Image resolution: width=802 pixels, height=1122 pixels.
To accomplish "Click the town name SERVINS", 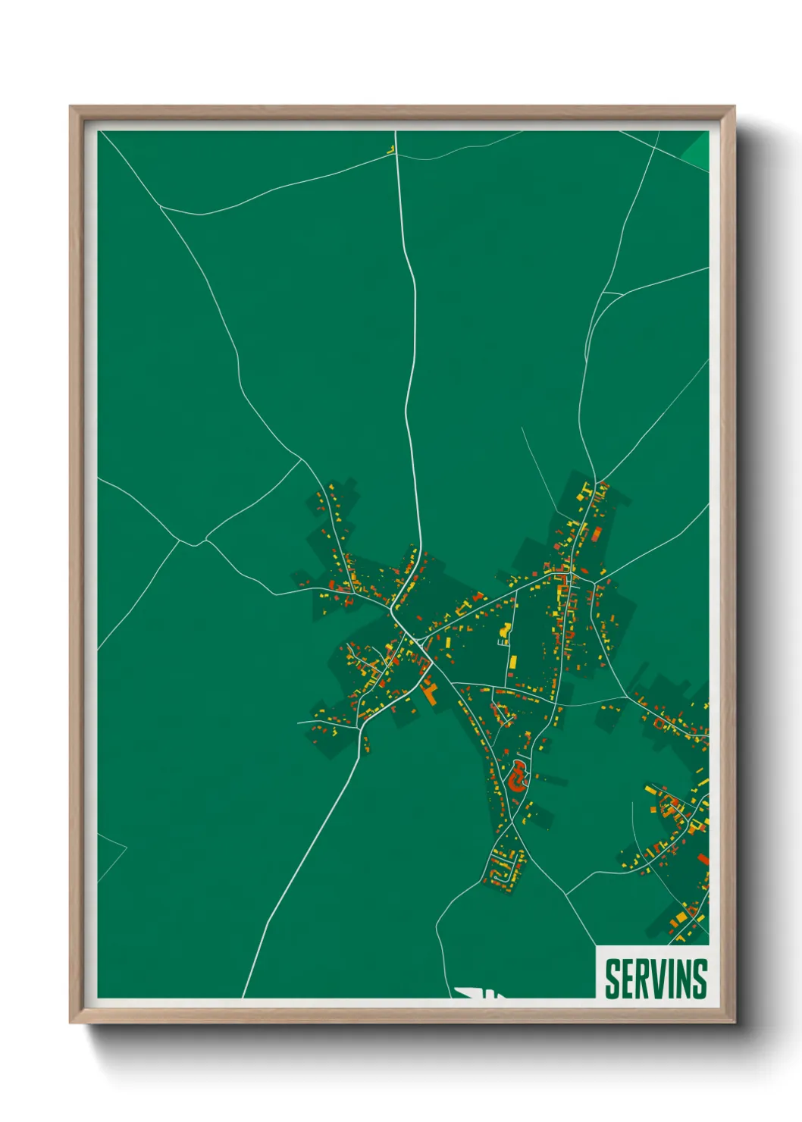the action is coord(656,979).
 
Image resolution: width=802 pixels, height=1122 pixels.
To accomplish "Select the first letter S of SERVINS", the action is coord(612,979).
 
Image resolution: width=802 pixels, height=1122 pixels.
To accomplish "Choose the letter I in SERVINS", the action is coord(672,979).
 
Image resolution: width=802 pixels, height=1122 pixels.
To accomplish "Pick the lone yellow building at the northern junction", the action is coord(392,150).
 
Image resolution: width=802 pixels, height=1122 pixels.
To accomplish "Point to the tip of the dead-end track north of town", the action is coord(522,428).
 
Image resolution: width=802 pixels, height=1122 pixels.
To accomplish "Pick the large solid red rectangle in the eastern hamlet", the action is coord(703,859).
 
